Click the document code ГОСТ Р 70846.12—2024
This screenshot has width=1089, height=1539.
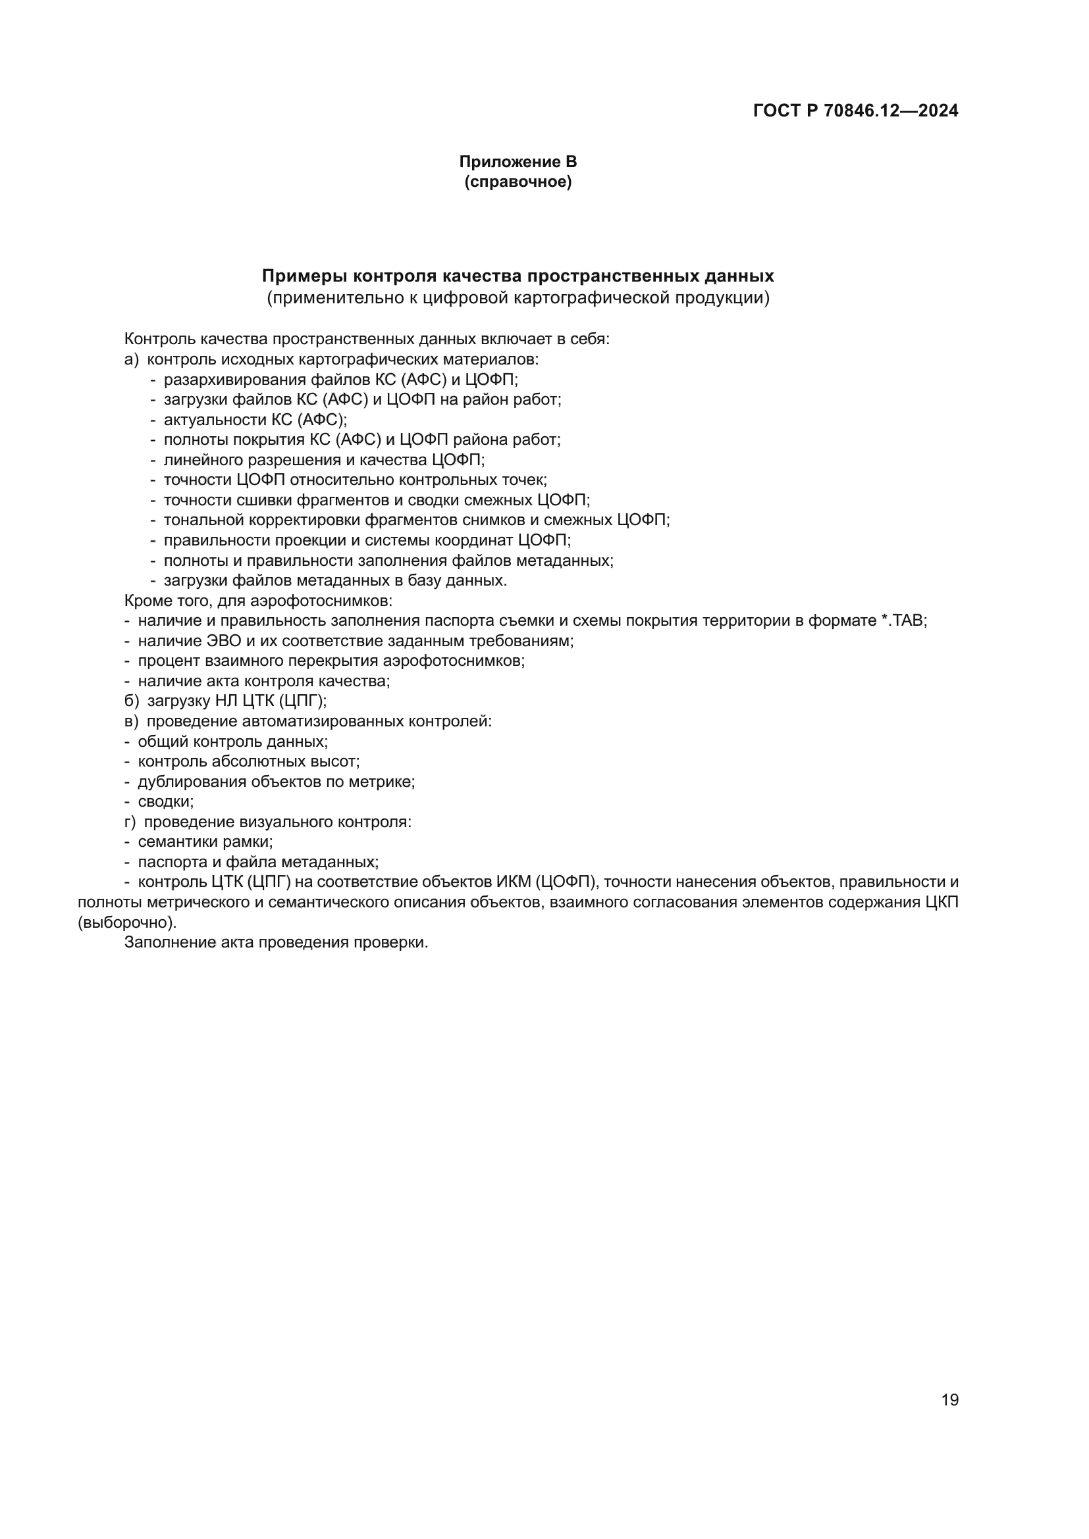coord(856,111)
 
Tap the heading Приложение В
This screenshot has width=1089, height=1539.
coord(518,162)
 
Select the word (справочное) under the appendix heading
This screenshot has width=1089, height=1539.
coord(518,182)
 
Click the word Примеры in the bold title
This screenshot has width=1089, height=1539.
coord(304,276)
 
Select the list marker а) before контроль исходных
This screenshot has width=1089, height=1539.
coord(132,359)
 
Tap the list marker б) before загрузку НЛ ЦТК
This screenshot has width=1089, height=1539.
coord(132,701)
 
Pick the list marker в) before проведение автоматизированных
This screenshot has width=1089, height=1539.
coord(132,721)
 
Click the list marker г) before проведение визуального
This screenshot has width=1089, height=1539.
coord(130,822)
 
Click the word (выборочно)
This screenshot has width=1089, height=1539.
coord(128,922)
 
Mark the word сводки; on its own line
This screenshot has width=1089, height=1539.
coord(166,801)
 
